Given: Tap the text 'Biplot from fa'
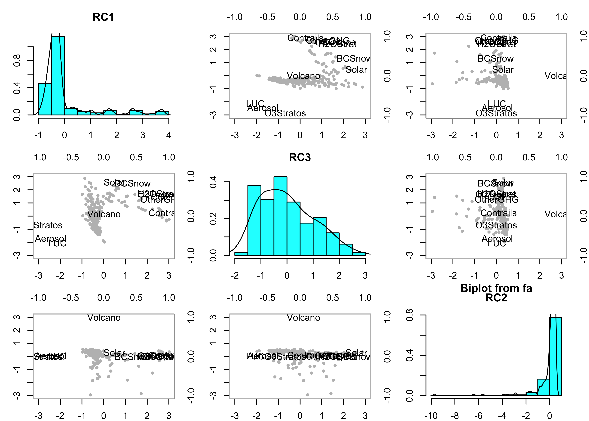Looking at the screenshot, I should [x=496, y=288].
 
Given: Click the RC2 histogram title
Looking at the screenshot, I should [x=496, y=298].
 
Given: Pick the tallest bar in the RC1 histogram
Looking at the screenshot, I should [x=58, y=75].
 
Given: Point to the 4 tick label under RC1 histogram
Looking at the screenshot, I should [x=169, y=135].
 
